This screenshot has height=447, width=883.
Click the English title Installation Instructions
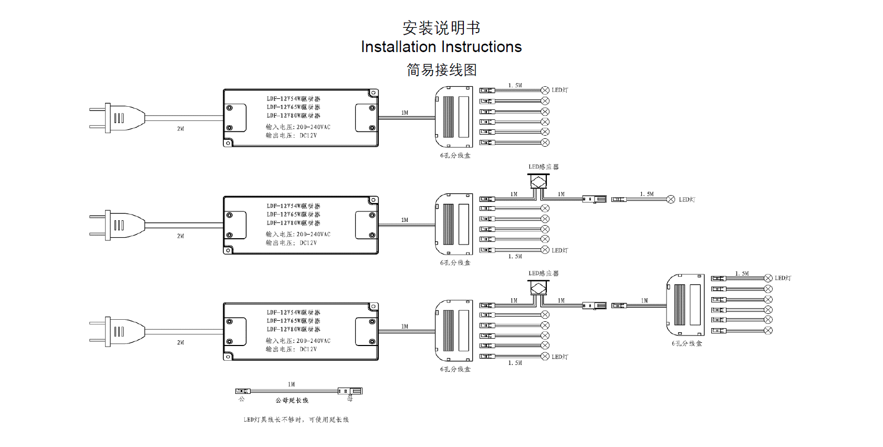[441, 47]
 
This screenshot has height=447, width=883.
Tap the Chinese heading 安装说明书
[441, 28]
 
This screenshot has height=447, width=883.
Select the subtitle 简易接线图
[441, 70]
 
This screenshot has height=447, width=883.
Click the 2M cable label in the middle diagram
[181, 236]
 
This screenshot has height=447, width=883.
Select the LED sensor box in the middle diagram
[538, 181]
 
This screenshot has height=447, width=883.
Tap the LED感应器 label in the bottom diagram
[544, 273]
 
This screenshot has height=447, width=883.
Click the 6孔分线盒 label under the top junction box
[455, 156]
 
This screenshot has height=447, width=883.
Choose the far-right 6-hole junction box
[686, 304]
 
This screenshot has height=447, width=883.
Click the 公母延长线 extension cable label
[292, 401]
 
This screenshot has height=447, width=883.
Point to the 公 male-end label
[242, 399]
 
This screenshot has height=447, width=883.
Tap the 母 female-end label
[350, 399]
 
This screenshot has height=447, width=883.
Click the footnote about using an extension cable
[296, 420]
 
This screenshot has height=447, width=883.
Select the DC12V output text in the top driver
[308, 136]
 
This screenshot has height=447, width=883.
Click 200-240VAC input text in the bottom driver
[314, 341]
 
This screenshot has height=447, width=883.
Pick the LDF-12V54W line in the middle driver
[293, 206]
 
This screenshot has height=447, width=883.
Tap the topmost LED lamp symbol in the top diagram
[545, 90]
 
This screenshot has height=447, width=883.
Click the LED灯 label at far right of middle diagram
[687, 200]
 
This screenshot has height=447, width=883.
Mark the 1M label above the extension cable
[292, 384]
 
